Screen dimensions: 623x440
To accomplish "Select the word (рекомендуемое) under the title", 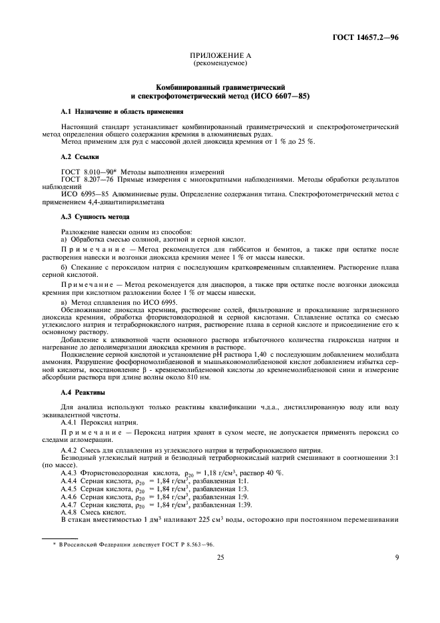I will click(x=220, y=65).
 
